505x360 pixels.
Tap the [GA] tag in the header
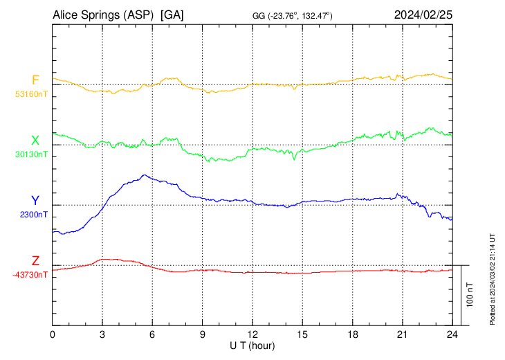pyautogui.click(x=172, y=15)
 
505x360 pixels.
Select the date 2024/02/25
pyautogui.click(x=423, y=15)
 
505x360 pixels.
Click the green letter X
pyautogui.click(x=35, y=141)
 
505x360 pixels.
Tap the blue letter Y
pyautogui.click(x=35, y=201)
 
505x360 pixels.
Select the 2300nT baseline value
pyautogui.click(x=33, y=215)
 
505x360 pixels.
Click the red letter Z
pyautogui.click(x=35, y=261)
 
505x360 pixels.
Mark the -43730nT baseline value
pyautogui.click(x=30, y=275)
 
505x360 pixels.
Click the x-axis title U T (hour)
pyautogui.click(x=253, y=345)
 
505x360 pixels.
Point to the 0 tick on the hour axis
pyautogui.click(x=53, y=334)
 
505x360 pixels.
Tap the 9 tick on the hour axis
pyautogui.click(x=203, y=334)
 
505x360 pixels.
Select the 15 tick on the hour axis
pyautogui.click(x=302, y=334)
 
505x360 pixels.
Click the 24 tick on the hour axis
pyautogui.click(x=452, y=334)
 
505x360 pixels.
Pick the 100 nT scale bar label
pyautogui.click(x=470, y=295)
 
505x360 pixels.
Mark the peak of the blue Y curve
pyautogui.click(x=144, y=175)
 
